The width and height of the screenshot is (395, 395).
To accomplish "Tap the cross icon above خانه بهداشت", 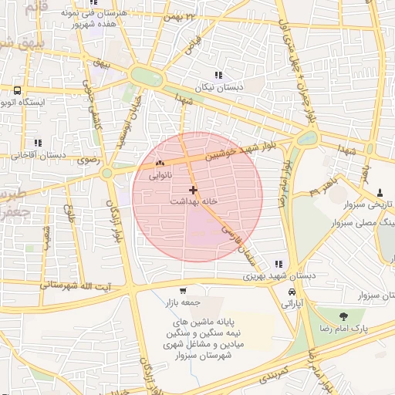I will point(193,190).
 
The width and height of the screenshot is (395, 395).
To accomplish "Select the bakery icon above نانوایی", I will point(160,164).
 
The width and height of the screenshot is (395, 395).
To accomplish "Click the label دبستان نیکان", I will point(219,87).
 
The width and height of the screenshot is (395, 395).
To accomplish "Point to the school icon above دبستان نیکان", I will point(219,76).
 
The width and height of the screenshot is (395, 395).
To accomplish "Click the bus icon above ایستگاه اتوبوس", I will point(17,90).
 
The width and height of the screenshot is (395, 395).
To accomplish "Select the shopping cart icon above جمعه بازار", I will point(182,291).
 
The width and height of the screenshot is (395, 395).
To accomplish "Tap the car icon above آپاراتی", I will point(292,292).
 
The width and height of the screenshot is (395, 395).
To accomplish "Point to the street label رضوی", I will point(83,161).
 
